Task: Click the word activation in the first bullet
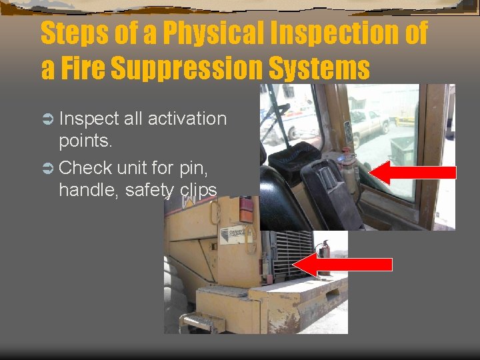pos(187,119)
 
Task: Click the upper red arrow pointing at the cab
pos(412,172)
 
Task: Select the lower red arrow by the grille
pos(342,264)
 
